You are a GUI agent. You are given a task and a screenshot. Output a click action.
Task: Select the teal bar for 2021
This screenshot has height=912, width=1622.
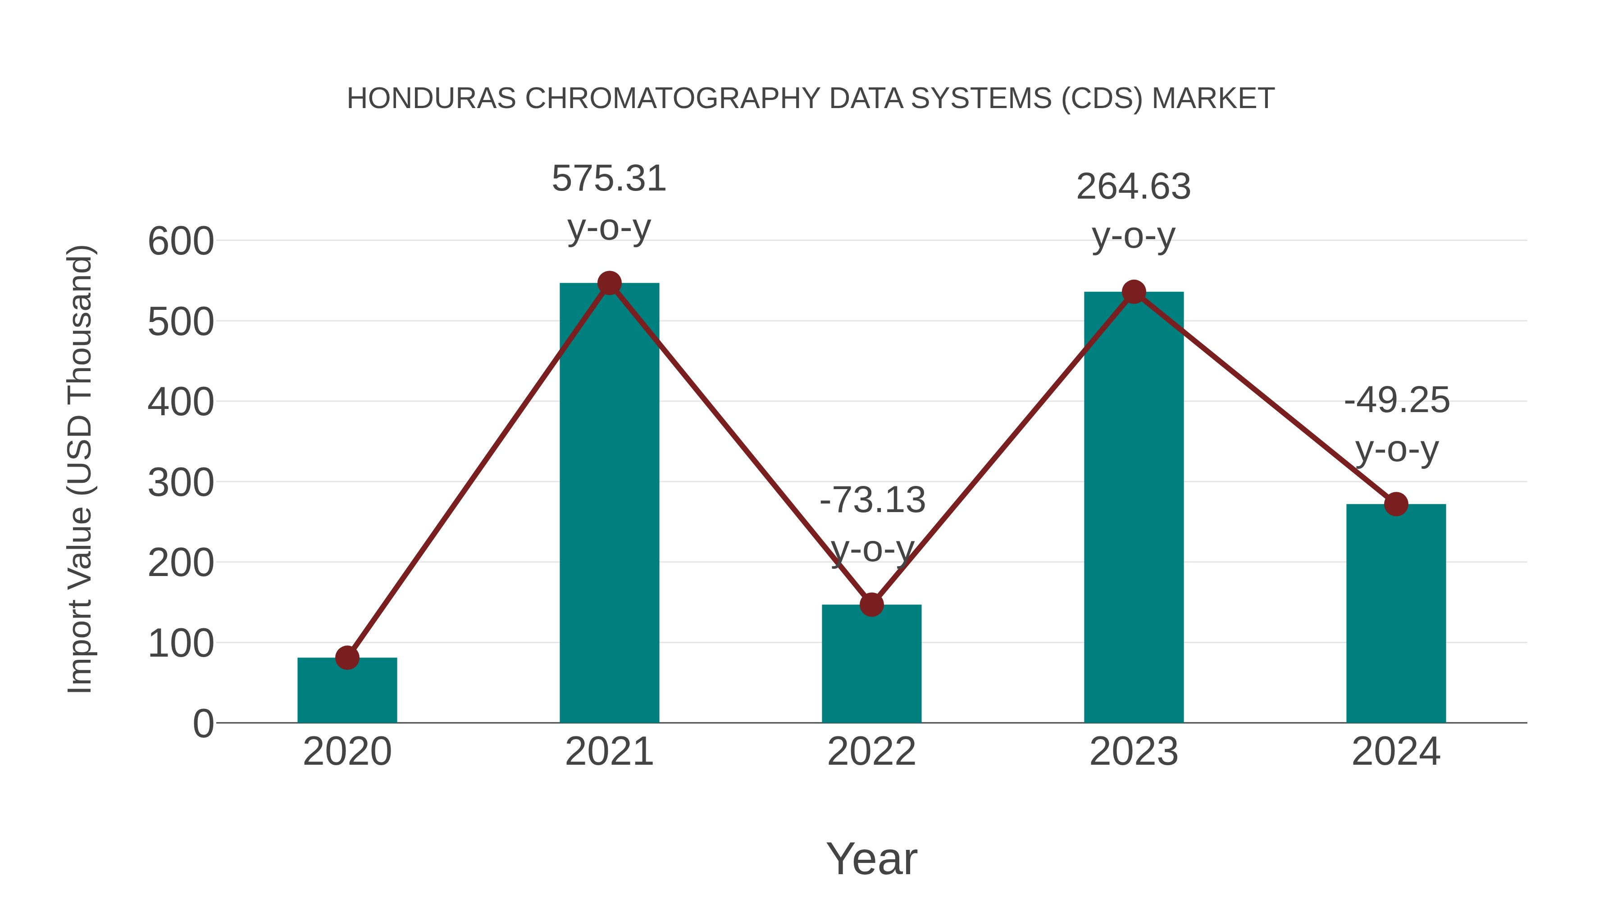click(x=609, y=504)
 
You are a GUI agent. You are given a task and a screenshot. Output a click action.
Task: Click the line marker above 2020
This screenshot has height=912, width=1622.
click(x=347, y=658)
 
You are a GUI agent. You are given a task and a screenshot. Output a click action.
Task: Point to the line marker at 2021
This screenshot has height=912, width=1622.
click(x=609, y=283)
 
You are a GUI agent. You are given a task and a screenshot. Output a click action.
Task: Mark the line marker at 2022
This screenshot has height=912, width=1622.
click(x=871, y=605)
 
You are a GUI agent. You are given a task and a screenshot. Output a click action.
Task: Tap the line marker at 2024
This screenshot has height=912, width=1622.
click(x=1396, y=504)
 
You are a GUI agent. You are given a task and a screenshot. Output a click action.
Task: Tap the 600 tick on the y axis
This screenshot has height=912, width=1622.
click(x=181, y=242)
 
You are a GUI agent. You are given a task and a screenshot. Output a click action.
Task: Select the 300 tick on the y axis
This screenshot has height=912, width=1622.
click(x=181, y=483)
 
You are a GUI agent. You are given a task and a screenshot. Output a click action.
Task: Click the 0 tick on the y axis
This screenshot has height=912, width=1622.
click(x=203, y=724)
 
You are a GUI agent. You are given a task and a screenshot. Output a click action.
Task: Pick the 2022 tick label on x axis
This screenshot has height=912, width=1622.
click(x=871, y=752)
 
